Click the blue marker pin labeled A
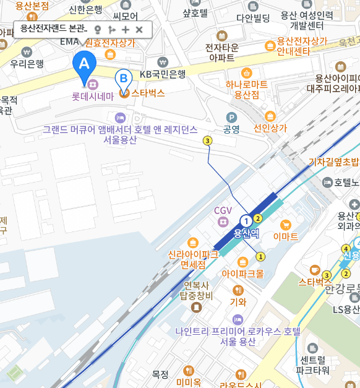coord(84,64)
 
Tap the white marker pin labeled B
coord(124,79)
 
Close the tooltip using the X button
coord(139,29)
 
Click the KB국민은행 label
coord(162,74)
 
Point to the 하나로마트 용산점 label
coord(246,89)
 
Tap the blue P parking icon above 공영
coord(231,117)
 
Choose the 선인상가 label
coord(270,129)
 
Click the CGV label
coord(223,210)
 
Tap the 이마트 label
coord(285,236)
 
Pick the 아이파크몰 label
coord(242,273)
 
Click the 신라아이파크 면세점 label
coord(193,259)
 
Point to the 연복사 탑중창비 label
coord(197,290)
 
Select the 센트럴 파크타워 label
coord(312,364)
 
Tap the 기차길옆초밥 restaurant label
coord(333,162)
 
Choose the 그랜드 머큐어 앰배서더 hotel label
coord(120,134)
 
